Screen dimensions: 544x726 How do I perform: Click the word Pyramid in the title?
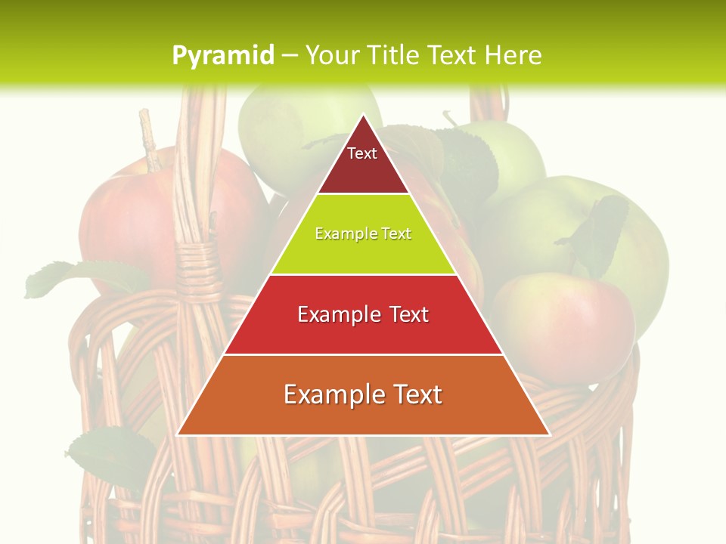coord(222,56)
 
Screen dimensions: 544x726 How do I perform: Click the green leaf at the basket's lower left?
coord(113,453)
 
